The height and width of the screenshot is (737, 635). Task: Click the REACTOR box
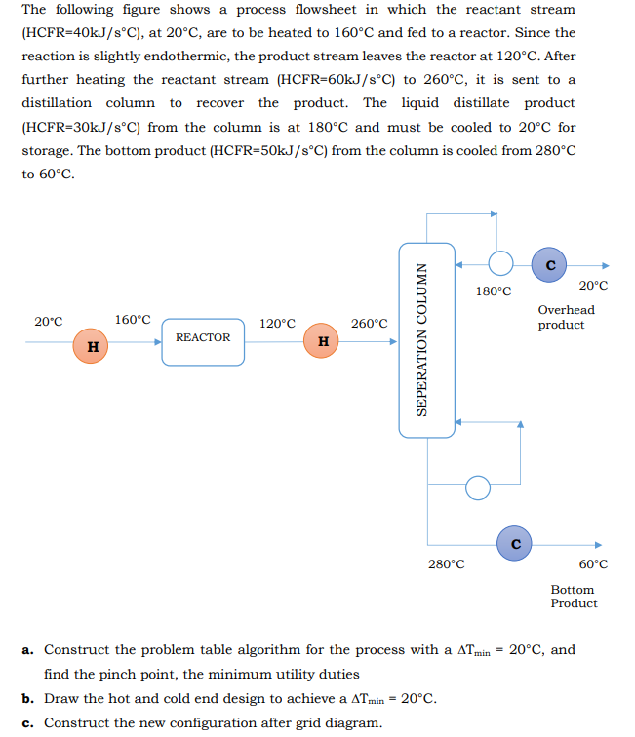tap(203, 340)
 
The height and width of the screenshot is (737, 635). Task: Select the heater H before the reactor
tap(92, 345)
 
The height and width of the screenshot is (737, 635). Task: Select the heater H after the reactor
tap(322, 340)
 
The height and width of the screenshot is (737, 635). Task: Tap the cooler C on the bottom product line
tap(516, 543)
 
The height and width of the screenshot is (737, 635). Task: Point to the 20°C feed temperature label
tap(49, 321)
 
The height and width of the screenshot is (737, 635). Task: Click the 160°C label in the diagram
tap(133, 319)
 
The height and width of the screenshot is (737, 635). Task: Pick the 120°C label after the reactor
tap(278, 323)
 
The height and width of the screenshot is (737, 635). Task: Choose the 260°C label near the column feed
tap(370, 323)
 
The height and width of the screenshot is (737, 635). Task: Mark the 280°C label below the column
tap(447, 563)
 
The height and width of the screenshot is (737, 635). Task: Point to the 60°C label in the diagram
tap(593, 563)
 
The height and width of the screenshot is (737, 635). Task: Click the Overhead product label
tap(566, 317)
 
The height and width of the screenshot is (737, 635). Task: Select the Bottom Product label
tap(574, 596)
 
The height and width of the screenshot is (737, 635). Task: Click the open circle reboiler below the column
tap(477, 485)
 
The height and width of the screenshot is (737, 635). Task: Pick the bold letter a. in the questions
tap(28, 649)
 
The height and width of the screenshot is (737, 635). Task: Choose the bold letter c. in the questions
tap(28, 722)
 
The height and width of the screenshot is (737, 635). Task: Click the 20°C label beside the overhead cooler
tap(593, 285)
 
